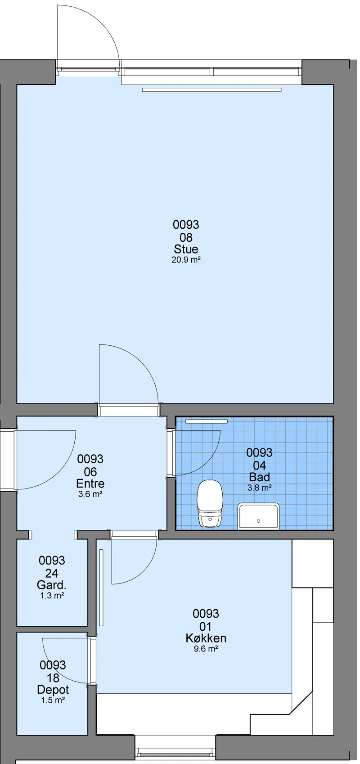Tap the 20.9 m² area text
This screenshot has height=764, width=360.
(x=186, y=260)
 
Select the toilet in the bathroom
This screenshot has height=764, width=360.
(x=210, y=503)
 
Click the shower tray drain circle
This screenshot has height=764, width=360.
(x=258, y=521)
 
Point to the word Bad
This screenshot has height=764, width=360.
(x=260, y=477)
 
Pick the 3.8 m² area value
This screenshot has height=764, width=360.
(x=260, y=488)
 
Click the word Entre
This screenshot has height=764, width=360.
(x=90, y=484)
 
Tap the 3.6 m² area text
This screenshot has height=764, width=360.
(x=90, y=494)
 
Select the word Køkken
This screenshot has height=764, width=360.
(x=206, y=638)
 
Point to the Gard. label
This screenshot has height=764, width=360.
(x=51, y=585)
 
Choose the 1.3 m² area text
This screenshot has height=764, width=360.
(x=52, y=596)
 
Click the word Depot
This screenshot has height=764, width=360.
(x=53, y=690)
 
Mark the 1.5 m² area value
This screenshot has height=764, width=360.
(x=53, y=701)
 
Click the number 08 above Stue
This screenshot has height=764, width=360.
(x=186, y=237)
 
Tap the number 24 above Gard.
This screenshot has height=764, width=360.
(x=51, y=574)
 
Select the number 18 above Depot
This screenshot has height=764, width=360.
(x=53, y=678)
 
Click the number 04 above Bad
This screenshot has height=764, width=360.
(x=260, y=466)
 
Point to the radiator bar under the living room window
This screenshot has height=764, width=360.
(x=211, y=90)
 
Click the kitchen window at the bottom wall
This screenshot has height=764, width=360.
(x=175, y=752)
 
